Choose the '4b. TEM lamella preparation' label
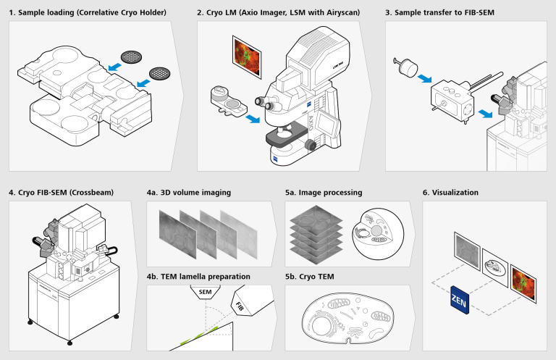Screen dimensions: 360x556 point(198,277)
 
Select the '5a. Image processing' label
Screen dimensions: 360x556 point(324,193)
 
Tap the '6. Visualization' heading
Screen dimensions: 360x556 point(450,193)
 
